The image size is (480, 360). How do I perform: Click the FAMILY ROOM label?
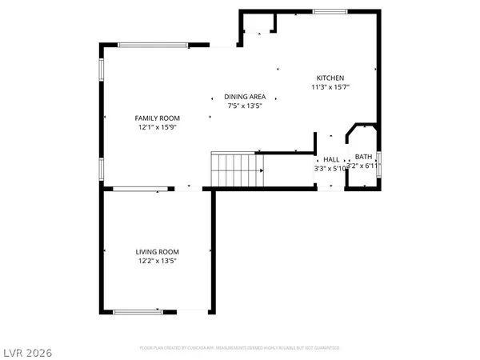tap(157, 118)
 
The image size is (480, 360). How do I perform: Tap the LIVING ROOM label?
tap(157, 251)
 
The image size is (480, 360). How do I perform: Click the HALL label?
tap(331, 159)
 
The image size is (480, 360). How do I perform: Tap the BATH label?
tap(364, 157)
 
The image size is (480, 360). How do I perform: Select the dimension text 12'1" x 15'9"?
tap(157, 126)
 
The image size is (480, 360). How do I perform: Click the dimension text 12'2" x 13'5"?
tap(157, 260)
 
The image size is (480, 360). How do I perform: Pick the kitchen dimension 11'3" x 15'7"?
tap(330, 86)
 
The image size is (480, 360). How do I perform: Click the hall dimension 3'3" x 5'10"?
tap(330, 168)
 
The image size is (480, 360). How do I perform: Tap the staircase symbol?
tap(238, 170)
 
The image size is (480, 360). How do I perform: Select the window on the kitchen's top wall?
tap(325, 11)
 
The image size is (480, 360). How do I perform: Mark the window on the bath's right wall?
tap(378, 162)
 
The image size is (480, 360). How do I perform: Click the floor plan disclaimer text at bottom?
tap(240, 348)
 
